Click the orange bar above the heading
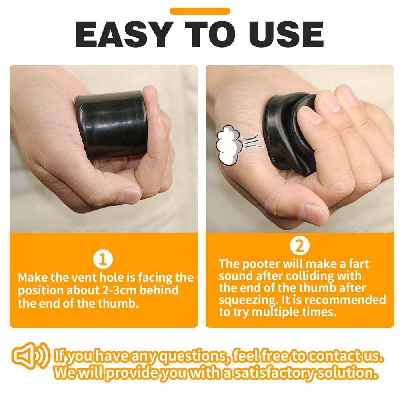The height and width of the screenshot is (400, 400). click(200, 11)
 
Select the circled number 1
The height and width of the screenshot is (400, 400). click(103, 260)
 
